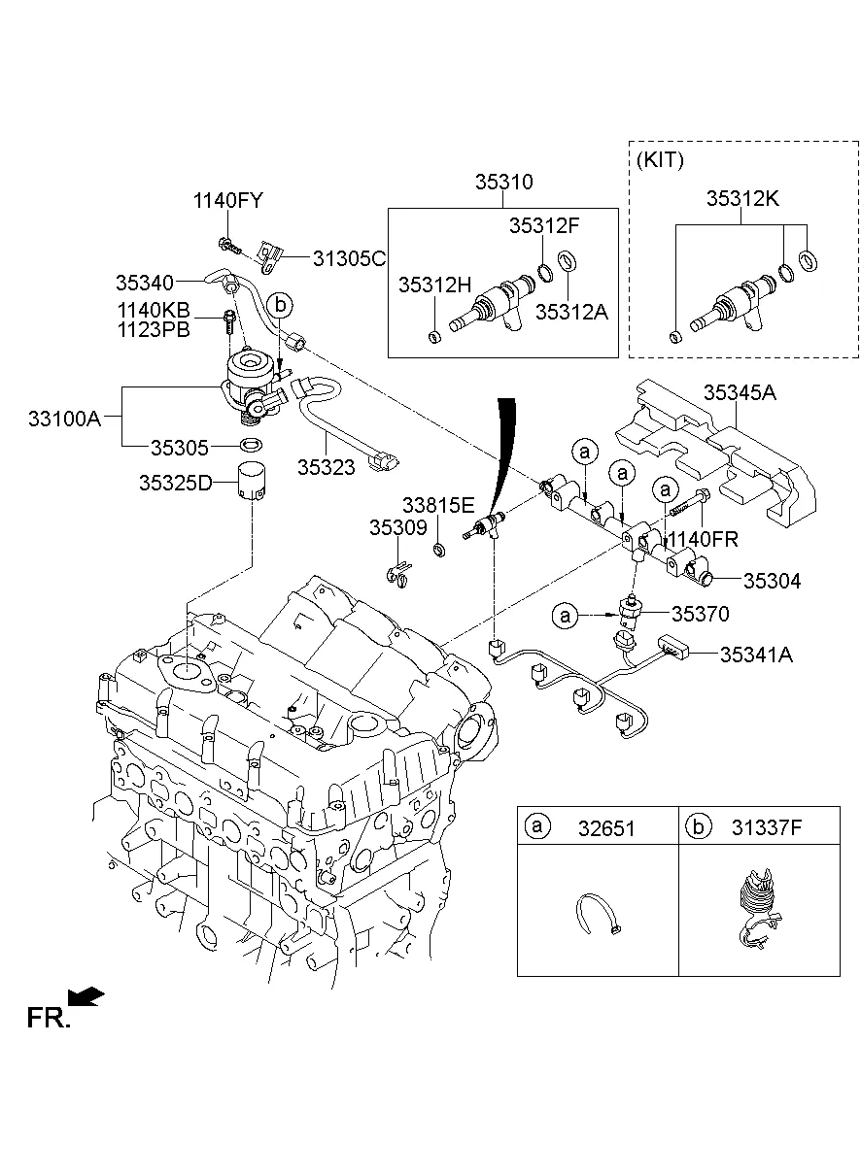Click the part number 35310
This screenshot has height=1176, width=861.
click(x=503, y=182)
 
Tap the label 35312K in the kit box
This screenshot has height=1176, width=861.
click(x=741, y=198)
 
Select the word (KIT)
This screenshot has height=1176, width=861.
click(x=661, y=160)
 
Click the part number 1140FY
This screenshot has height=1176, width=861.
click(x=227, y=201)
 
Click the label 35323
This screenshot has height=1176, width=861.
click(x=326, y=466)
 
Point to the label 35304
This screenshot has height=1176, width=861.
click(x=772, y=582)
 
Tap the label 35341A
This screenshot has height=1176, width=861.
click(x=756, y=655)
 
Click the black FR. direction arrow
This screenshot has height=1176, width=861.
click(x=87, y=995)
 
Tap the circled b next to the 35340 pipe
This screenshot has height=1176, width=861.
click(x=280, y=304)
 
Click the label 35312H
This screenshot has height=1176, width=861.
click(x=434, y=286)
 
